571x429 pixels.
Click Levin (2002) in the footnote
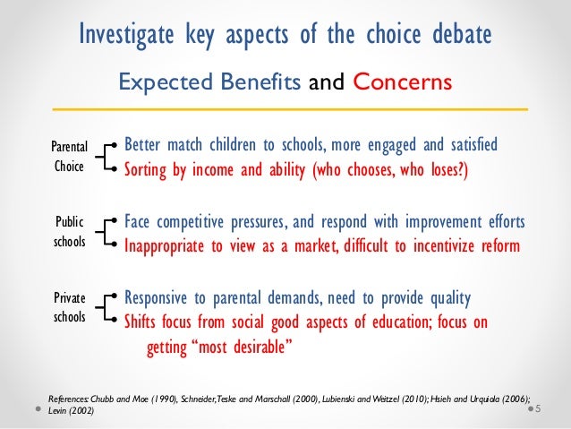click(x=74, y=410)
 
